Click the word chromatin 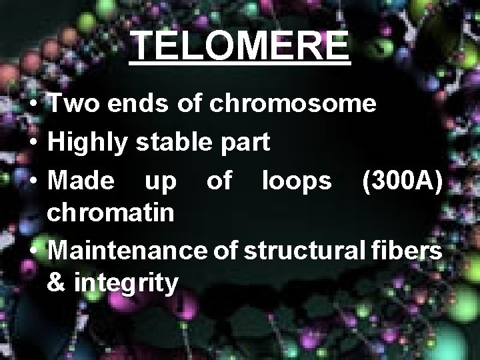[x=111, y=213]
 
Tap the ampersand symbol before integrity [x=57, y=283]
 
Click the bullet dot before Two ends [x=32, y=105]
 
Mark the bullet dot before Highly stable [x=32, y=142]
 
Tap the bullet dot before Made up [x=32, y=179]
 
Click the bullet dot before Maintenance [x=32, y=252]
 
